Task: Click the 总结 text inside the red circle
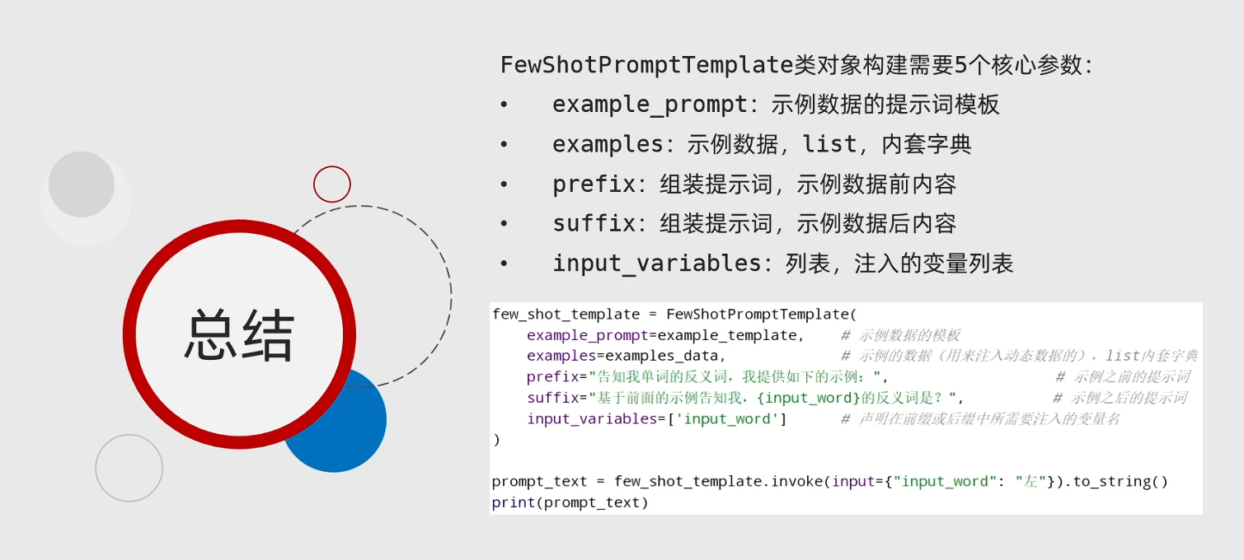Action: click(x=239, y=334)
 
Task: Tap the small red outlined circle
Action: click(x=332, y=167)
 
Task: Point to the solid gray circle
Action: click(x=82, y=184)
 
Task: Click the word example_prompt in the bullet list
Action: click(x=650, y=105)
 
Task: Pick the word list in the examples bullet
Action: click(x=829, y=144)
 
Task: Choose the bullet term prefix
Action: click(x=594, y=184)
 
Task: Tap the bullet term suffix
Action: click(x=594, y=224)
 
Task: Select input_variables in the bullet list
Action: click(x=656, y=263)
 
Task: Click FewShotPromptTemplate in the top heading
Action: click(x=647, y=65)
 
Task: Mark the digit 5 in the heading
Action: click(x=960, y=65)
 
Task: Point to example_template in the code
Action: click(x=727, y=335)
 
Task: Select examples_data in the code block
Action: click(x=662, y=356)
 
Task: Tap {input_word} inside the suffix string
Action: click(x=808, y=398)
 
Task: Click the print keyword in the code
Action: click(x=513, y=502)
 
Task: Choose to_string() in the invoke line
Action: click(x=1120, y=481)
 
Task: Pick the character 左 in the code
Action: click(x=1030, y=481)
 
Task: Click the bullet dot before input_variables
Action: click(x=504, y=264)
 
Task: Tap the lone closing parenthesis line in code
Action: click(x=496, y=440)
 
